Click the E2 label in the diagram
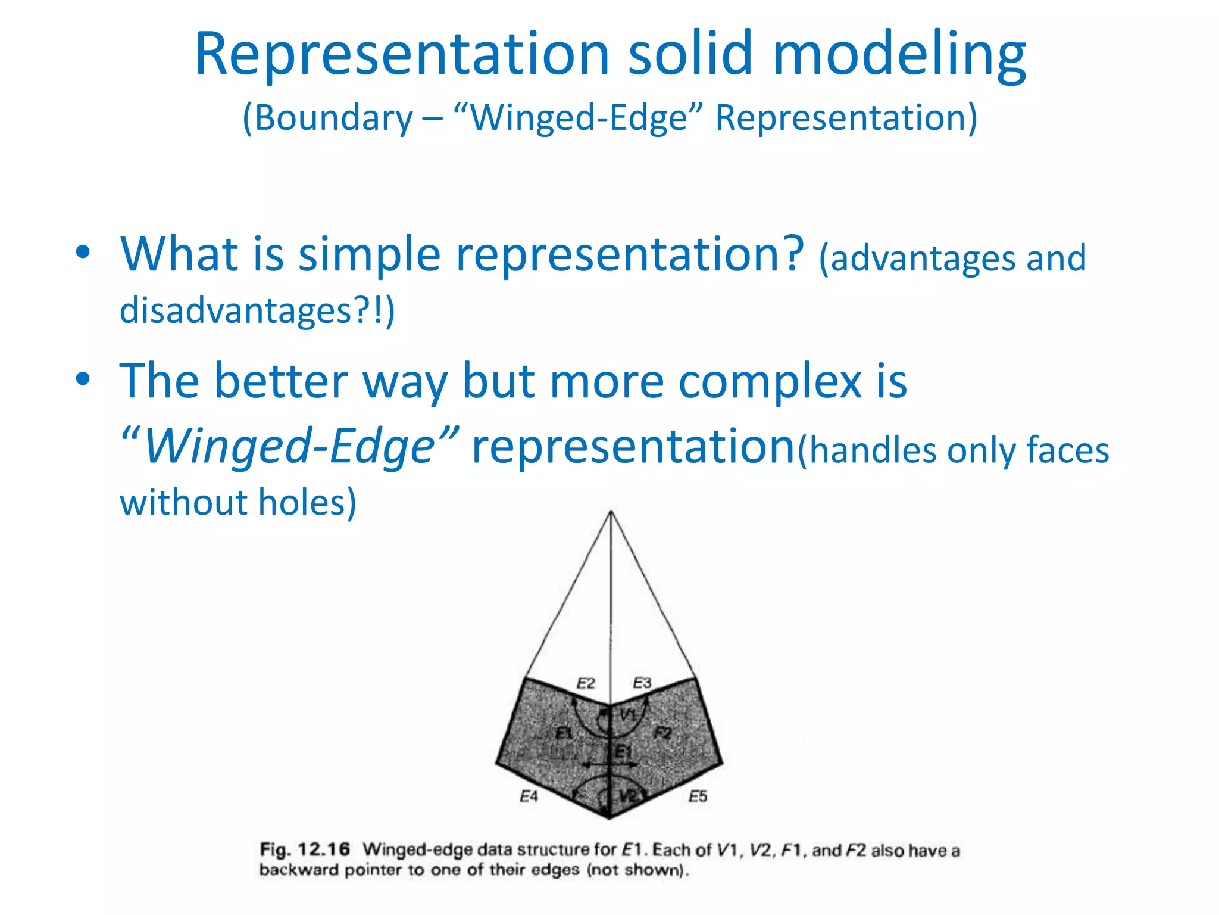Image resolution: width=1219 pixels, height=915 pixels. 586,683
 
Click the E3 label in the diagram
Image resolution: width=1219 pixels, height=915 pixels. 642,683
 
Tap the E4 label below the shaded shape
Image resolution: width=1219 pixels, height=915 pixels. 529,796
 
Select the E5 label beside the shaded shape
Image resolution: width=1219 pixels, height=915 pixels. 698,796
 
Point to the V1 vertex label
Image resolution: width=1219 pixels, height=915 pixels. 629,715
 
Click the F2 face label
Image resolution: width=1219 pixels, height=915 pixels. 662,733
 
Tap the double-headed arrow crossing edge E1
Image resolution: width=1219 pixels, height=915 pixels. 609,764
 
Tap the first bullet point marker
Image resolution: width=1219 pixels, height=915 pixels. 83,253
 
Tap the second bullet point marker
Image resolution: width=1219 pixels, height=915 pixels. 83,379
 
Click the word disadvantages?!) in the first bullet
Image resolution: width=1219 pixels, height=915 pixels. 257,310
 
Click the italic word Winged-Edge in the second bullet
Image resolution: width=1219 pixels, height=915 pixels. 290,447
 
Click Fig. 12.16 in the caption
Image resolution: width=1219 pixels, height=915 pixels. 305,849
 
